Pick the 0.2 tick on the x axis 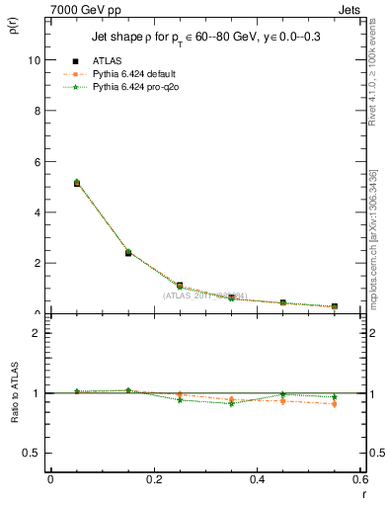tap(154, 479)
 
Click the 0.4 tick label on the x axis tap(258, 479)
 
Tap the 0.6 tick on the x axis tap(360, 479)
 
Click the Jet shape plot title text tap(204, 36)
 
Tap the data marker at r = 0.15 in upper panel tap(128, 253)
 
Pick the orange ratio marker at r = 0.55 tap(335, 404)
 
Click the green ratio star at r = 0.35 tap(231, 403)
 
